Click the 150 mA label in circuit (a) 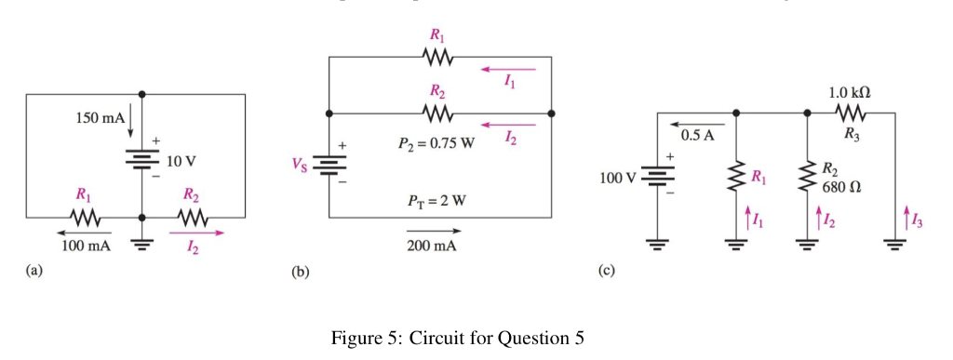click(x=99, y=119)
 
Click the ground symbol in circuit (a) click(x=141, y=247)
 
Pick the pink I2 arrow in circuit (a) click(x=197, y=233)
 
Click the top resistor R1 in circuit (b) click(x=437, y=58)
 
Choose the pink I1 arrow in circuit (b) click(x=508, y=69)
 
